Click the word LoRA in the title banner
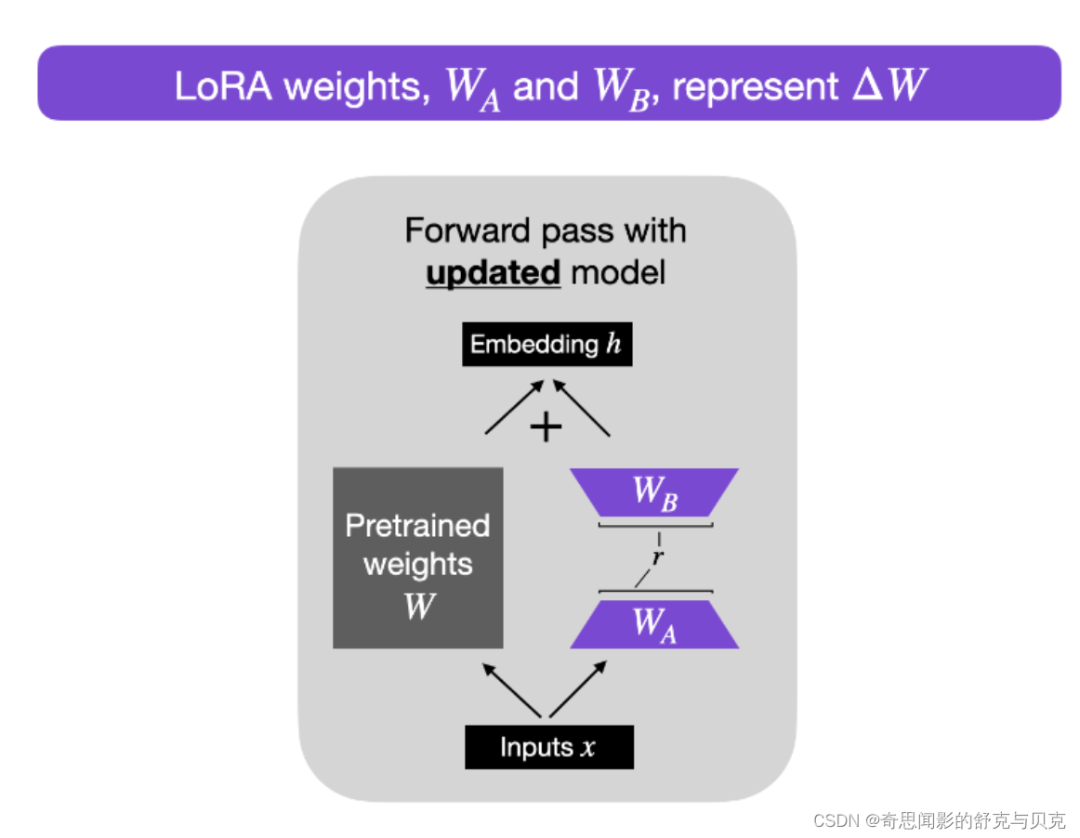click(224, 85)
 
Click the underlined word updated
click(493, 274)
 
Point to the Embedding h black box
click(547, 345)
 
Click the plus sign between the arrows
click(546, 427)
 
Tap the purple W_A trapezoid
click(654, 623)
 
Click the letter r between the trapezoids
click(657, 558)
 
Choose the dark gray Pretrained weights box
click(418, 557)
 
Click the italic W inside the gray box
click(419, 607)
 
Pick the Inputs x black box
click(548, 747)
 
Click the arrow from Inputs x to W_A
click(579, 688)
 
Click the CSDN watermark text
click(938, 821)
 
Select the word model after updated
click(618, 274)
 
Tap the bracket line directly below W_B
click(655, 526)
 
